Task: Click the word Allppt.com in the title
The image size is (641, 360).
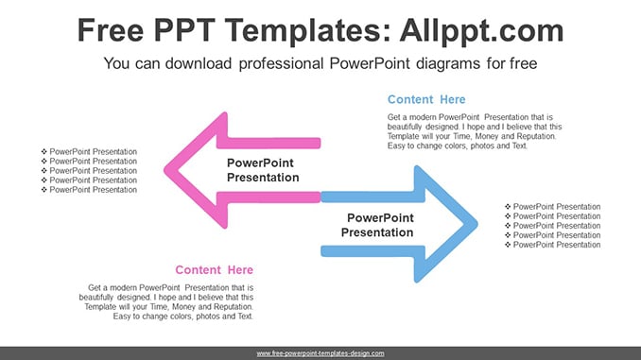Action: click(481, 31)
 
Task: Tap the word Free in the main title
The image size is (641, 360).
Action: click(111, 30)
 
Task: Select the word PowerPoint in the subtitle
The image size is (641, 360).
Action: click(370, 63)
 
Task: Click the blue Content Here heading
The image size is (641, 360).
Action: click(426, 99)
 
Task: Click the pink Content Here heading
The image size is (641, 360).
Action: click(215, 269)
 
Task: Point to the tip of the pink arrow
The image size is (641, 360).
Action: click(165, 170)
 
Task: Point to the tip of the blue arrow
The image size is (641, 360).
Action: click(476, 224)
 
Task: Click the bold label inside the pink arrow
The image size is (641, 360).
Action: click(263, 170)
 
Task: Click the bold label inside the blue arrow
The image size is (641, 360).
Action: click(377, 225)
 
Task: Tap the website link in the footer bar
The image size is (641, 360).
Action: click(320, 353)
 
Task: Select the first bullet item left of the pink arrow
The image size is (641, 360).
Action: click(89, 151)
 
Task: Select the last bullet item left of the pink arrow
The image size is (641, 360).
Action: click(89, 190)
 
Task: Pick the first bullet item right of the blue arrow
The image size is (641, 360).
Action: click(553, 207)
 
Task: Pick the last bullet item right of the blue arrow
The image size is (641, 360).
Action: click(553, 245)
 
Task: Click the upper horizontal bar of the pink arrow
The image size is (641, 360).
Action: click(269, 143)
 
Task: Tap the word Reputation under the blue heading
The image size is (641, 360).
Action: click(536, 136)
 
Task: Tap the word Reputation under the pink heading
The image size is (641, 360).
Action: click(234, 306)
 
